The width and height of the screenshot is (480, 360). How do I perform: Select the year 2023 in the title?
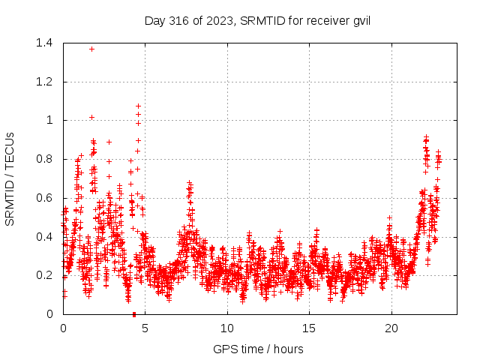[x=217, y=20]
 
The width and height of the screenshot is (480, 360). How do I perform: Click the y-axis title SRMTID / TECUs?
[x=10, y=178]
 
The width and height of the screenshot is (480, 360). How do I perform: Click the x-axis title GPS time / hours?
[x=259, y=349]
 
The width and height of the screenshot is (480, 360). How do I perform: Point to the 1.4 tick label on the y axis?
[x=44, y=43]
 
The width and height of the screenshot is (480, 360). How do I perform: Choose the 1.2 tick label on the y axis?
[x=44, y=82]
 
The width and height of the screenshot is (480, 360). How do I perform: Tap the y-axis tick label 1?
[x=49, y=120]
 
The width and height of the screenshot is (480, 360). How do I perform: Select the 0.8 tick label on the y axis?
[x=44, y=159]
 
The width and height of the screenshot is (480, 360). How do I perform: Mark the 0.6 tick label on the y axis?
[x=44, y=198]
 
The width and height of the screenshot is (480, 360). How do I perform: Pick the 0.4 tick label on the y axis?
[x=44, y=237]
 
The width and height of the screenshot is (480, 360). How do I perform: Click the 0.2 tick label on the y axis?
[x=44, y=275]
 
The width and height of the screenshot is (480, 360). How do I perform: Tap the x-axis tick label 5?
[x=145, y=328]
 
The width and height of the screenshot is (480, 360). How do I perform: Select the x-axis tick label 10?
[x=227, y=328]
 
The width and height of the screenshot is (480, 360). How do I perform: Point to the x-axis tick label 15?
[x=309, y=328]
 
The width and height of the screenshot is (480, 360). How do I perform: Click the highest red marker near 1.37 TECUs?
[x=91, y=49]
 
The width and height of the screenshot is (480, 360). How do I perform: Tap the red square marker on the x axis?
[x=134, y=313]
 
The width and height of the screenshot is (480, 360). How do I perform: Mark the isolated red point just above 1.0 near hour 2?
[x=91, y=117]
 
